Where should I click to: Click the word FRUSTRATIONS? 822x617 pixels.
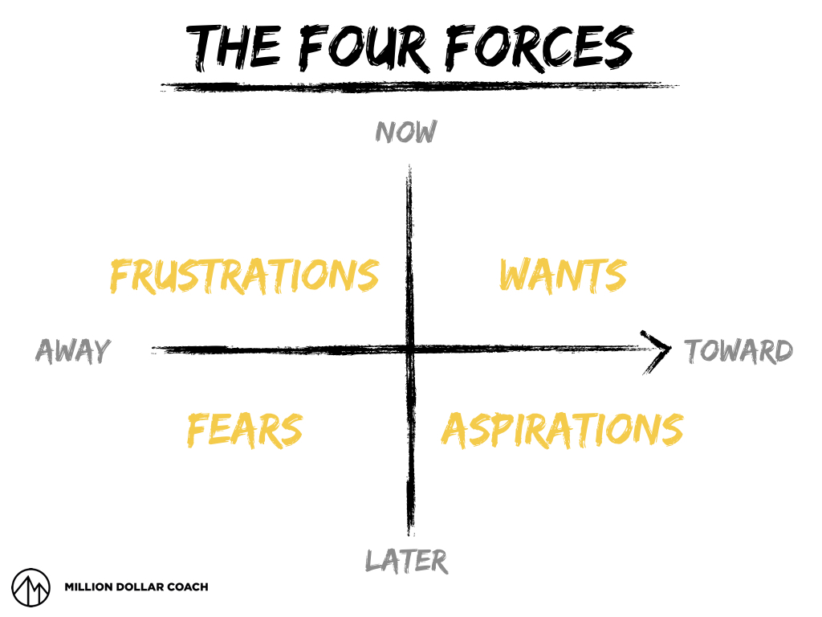pos(244,276)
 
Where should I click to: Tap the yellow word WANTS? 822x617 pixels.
pos(562,276)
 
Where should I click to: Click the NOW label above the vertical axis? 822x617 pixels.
pos(406,132)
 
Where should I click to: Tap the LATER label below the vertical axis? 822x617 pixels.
pos(406,560)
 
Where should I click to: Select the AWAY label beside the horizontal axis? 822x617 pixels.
pos(73,351)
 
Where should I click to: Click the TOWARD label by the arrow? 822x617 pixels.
pos(739,351)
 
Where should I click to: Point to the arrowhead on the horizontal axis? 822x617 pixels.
pos(660,350)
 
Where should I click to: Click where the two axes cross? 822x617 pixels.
pos(410,349)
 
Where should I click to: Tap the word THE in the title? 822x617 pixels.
pos(233,47)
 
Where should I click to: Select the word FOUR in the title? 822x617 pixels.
pos(364,47)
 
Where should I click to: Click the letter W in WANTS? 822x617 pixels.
pos(515,276)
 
